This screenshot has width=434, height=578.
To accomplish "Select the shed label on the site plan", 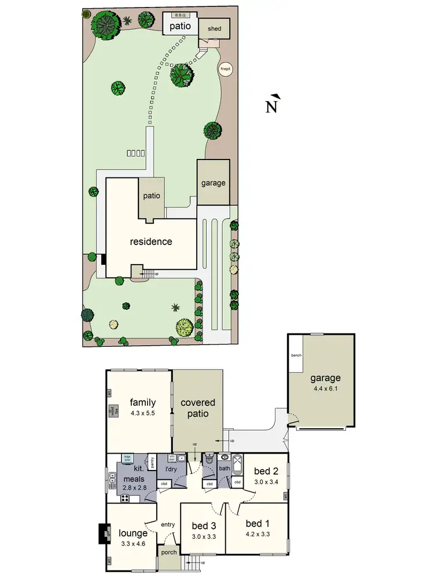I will pos(214,27).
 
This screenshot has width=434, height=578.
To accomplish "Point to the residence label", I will pos(150,242).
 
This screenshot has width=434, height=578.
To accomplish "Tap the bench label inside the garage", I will pos(296,355).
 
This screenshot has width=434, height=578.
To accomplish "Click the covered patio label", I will pos(198,408).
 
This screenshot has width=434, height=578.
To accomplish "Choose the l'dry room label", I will pos(171,469).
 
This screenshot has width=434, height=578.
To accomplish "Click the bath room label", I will pos(224,469).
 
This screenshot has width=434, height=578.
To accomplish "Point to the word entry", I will pos(168,524).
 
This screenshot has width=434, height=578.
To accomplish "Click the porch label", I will pos(169,553).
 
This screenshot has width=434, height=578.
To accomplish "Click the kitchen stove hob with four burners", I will pos(124,497).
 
